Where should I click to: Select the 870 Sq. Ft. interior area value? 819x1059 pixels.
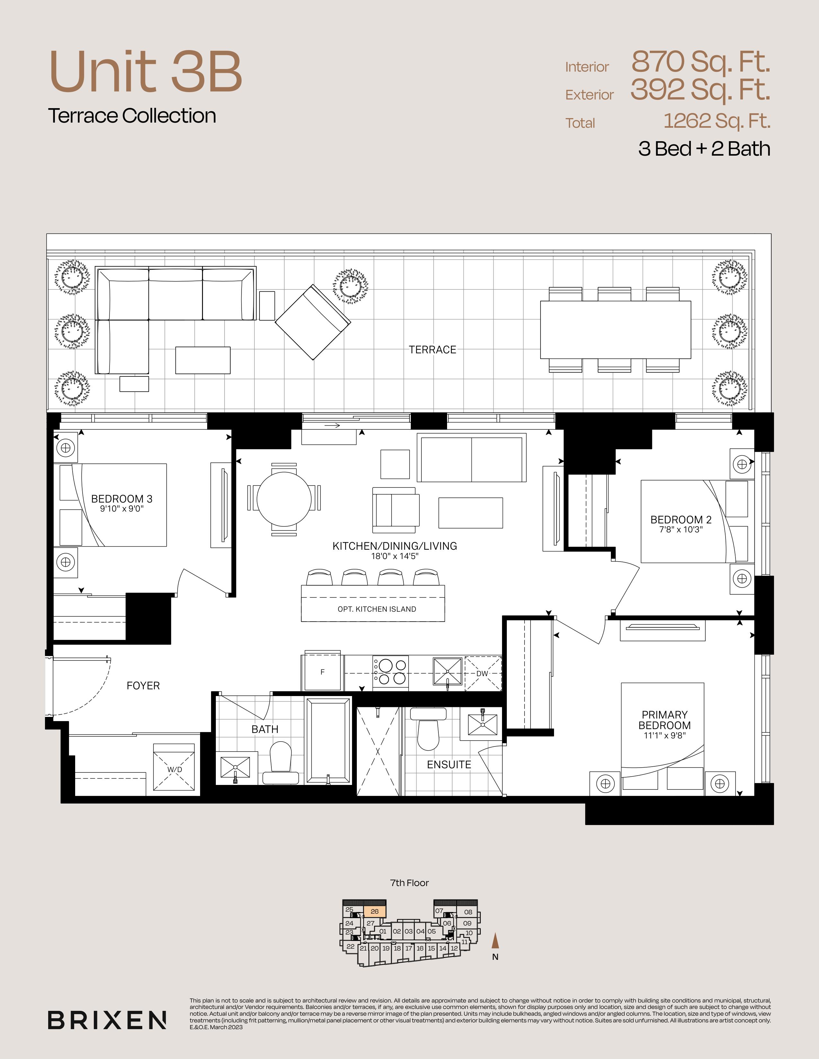[700, 62]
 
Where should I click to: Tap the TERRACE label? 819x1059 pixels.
[432, 349]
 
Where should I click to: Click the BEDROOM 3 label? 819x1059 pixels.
[122, 499]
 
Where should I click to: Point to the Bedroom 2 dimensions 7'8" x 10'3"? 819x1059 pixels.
[681, 529]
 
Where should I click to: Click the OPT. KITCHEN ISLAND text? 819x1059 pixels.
[377, 609]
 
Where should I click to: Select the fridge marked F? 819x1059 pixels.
[322, 672]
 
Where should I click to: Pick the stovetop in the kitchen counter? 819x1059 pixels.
[391, 673]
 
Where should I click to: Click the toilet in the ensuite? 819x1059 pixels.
[428, 728]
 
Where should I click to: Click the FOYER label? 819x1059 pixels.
[143, 686]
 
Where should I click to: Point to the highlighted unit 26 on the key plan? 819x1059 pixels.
[374, 912]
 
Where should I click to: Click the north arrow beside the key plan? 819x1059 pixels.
[495, 940]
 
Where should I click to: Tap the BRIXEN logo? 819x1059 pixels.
[107, 1020]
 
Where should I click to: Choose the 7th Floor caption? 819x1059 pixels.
[409, 883]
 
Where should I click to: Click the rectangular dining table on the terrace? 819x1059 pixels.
[616, 330]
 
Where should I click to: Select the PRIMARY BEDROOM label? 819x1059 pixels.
[665, 720]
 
